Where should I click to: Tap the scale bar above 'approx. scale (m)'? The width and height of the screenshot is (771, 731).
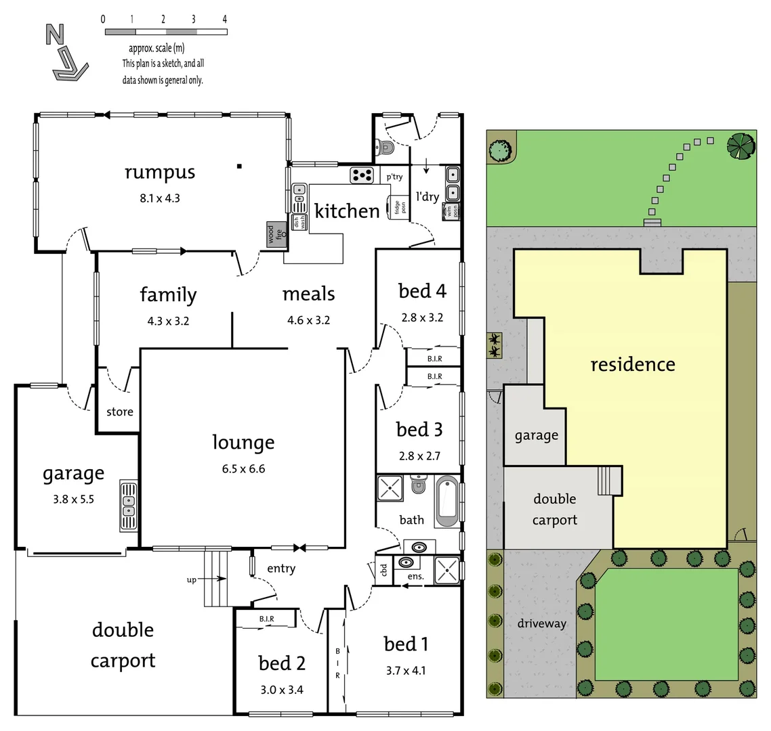(165, 32)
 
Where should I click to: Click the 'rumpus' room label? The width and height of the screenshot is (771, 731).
(160, 172)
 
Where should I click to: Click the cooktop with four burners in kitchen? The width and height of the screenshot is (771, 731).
(362, 175)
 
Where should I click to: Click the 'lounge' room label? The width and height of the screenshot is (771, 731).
(243, 443)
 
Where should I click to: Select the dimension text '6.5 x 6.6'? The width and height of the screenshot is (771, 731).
(243, 468)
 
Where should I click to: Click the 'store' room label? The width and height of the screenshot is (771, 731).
(120, 412)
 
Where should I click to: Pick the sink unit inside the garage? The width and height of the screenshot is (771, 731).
(129, 505)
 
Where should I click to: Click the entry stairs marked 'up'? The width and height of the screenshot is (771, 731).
(217, 579)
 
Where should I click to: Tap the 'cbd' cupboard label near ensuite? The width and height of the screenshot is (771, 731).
(383, 569)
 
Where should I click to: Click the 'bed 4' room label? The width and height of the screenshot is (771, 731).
(422, 291)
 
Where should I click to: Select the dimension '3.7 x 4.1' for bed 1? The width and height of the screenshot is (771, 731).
(406, 671)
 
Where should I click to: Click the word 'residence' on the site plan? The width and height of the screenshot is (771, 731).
(632, 365)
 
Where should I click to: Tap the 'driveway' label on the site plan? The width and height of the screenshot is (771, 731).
(541, 623)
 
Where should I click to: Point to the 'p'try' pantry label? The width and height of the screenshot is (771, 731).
(394, 177)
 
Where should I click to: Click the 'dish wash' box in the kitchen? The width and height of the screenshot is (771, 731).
(297, 222)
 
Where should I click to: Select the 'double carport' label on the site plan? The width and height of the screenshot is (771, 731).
(554, 509)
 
